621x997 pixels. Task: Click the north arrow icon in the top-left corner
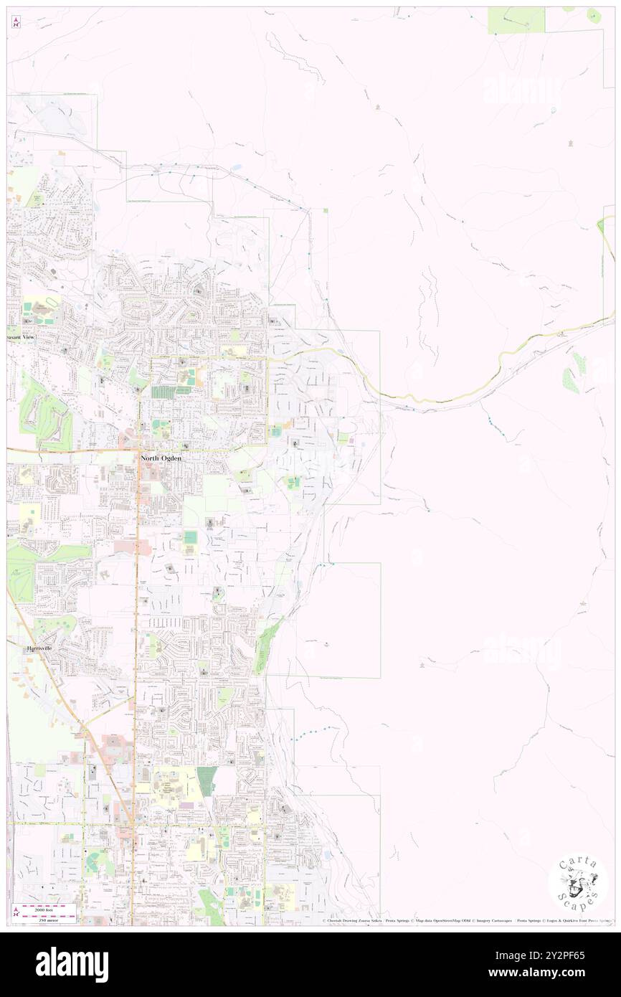(x=15, y=22)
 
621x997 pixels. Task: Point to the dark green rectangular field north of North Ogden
(x=171, y=392)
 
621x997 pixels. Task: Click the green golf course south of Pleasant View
(x=43, y=415)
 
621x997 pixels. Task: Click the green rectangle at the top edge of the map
(x=516, y=20)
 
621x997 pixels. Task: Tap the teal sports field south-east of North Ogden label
(x=189, y=537)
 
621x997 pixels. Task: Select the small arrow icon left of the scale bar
(x=15, y=913)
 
